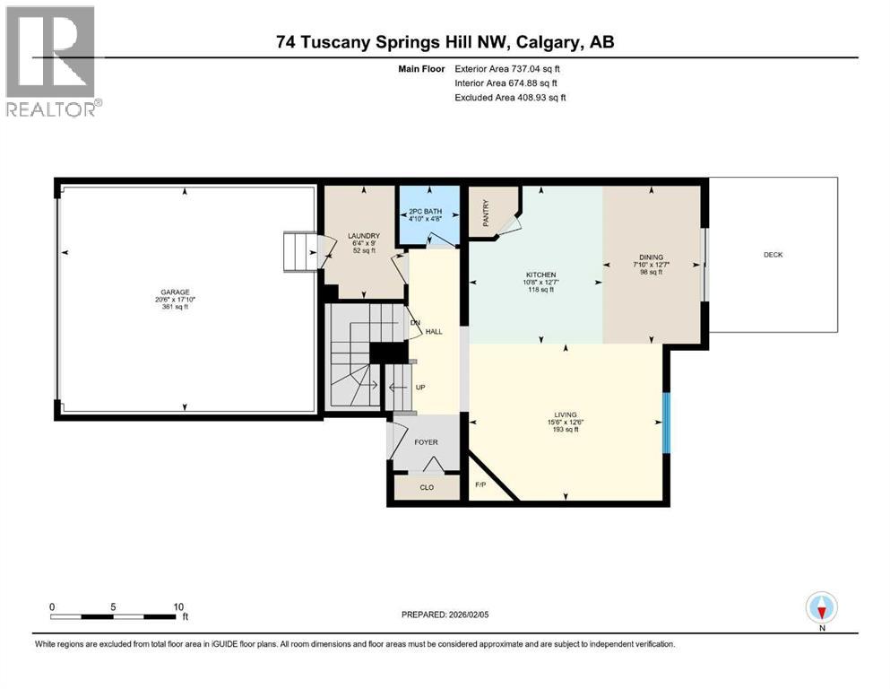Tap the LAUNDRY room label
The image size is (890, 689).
click(x=358, y=236)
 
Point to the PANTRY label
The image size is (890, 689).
click(x=486, y=212)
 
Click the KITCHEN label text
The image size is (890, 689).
click(x=540, y=275)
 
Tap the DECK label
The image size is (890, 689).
click(x=773, y=255)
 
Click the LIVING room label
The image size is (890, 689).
click(x=565, y=414)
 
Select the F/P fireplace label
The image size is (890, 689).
click(x=480, y=484)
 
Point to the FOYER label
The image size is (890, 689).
click(x=425, y=442)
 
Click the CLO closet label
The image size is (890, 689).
click(x=427, y=488)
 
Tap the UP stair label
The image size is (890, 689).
click(x=419, y=388)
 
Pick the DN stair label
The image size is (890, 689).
click(x=414, y=323)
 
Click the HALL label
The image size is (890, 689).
click(x=434, y=332)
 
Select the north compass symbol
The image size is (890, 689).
click(x=821, y=608)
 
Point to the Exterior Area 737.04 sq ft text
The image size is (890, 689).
click(x=510, y=68)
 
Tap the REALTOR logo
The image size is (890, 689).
click(x=51, y=63)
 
